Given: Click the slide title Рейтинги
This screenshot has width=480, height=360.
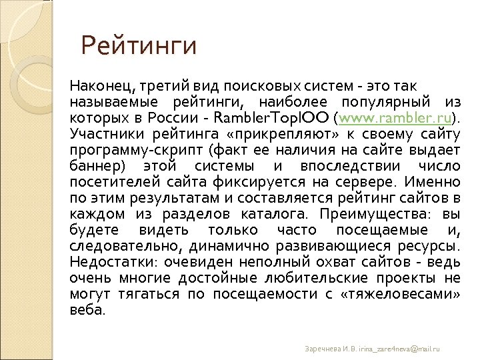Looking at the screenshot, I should pyautogui.click(x=139, y=46).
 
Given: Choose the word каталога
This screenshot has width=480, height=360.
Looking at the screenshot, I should pyautogui.click(x=275, y=214).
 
